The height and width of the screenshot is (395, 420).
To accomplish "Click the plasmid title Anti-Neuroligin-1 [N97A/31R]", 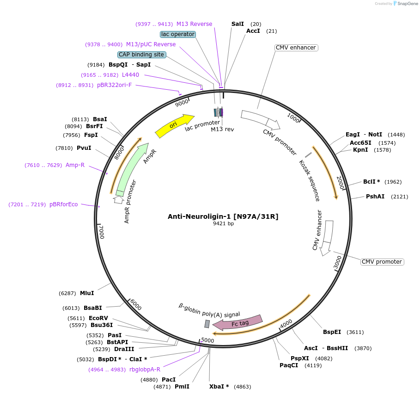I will (223, 216).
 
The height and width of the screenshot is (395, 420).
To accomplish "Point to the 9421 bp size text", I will (223, 224).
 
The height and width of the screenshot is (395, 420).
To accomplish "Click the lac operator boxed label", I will (178, 34).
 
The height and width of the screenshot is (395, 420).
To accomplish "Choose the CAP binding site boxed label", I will (141, 55).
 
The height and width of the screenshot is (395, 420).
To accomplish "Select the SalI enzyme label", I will (237, 24).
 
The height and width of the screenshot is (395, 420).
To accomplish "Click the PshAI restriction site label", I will (375, 197).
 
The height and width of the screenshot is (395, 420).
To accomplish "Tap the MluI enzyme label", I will (87, 293).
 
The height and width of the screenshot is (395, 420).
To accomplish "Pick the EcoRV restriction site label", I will (98, 318).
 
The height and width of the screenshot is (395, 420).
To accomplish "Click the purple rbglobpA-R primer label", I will (145, 369).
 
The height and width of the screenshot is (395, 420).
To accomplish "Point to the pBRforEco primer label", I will (64, 204).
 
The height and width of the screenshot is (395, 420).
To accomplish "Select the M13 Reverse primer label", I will (194, 24).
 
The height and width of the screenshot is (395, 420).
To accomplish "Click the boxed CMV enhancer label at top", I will (296, 48).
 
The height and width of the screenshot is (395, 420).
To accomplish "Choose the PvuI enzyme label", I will (84, 148).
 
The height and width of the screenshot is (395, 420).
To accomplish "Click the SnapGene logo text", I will (406, 3).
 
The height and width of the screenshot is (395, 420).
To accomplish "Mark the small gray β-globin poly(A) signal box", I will (207, 324).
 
